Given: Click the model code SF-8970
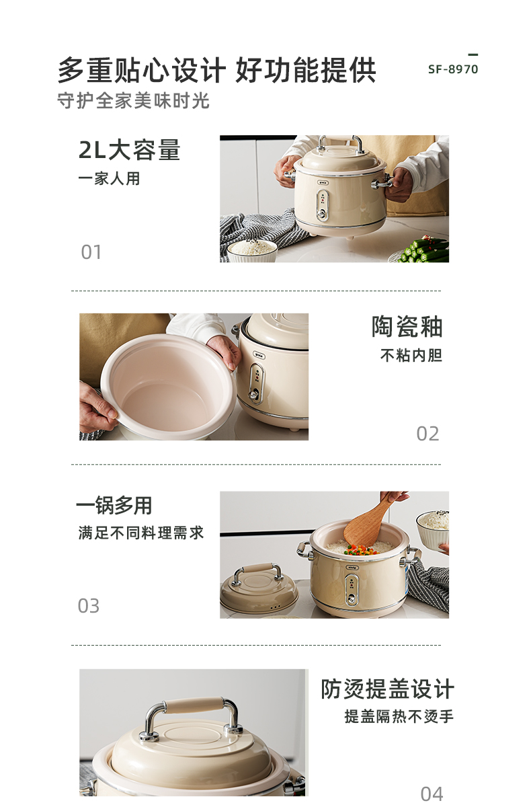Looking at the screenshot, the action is click(x=453, y=69).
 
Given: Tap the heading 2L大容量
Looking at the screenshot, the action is click(x=129, y=150).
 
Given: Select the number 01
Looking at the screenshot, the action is click(x=91, y=252).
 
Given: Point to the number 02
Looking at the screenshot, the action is click(x=427, y=434).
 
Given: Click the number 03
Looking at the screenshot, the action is click(x=89, y=606).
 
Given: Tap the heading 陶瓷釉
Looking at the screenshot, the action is click(x=407, y=327).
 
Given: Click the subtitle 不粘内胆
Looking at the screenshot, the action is click(x=411, y=355).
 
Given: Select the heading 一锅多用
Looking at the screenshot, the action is click(x=114, y=505).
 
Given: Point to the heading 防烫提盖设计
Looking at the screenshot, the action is click(x=387, y=689).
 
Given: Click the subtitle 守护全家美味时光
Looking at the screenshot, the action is click(x=133, y=100).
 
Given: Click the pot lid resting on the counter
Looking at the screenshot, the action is click(x=259, y=588).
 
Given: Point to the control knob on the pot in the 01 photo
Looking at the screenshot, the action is click(x=321, y=213).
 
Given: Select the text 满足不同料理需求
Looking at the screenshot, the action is click(x=141, y=533).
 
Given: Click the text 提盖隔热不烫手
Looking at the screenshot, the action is click(x=399, y=716).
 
